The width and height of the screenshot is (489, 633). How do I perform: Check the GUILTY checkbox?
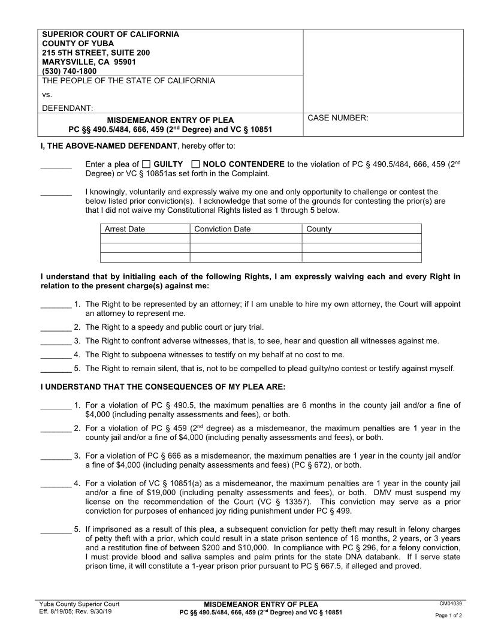click(x=146, y=164)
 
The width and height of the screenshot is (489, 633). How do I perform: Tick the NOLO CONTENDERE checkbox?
click(x=196, y=164)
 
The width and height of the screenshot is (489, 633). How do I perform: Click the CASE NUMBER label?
click(x=337, y=118)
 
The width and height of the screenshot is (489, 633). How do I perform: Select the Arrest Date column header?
click(x=125, y=229)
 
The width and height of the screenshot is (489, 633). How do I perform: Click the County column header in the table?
click(x=319, y=229)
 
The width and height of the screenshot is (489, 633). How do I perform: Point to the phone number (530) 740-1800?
click(x=69, y=71)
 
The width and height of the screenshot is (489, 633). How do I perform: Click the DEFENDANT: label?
click(x=67, y=108)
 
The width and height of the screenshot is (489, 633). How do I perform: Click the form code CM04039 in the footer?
click(x=451, y=604)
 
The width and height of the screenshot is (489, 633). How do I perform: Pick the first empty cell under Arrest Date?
click(x=144, y=239)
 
